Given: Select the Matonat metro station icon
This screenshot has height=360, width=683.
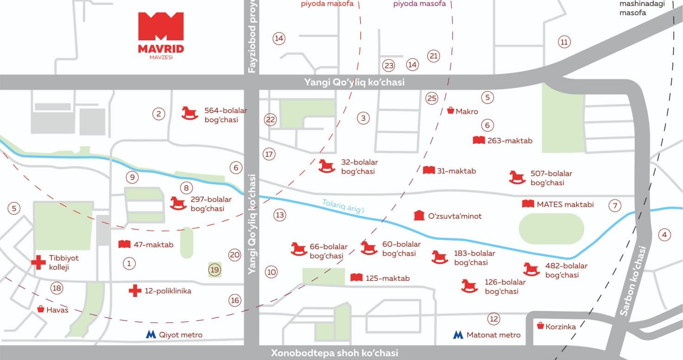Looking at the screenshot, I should (x=458, y=335).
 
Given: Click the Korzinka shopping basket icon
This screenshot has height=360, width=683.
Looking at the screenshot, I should (x=540, y=326).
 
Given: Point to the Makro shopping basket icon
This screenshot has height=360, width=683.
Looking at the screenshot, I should (x=450, y=111).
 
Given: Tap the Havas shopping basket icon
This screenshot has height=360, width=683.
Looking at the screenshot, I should (x=41, y=309).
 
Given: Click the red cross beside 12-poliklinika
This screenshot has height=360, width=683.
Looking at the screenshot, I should (x=135, y=291).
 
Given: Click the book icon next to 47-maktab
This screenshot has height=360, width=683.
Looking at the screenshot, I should (x=124, y=244).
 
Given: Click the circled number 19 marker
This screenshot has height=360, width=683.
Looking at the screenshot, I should (x=214, y=270).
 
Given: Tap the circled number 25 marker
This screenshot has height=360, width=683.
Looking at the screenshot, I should (x=432, y=98).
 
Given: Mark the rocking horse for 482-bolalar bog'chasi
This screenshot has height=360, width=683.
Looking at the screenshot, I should (x=531, y=269).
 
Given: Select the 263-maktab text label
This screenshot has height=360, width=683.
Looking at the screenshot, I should (x=510, y=140).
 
